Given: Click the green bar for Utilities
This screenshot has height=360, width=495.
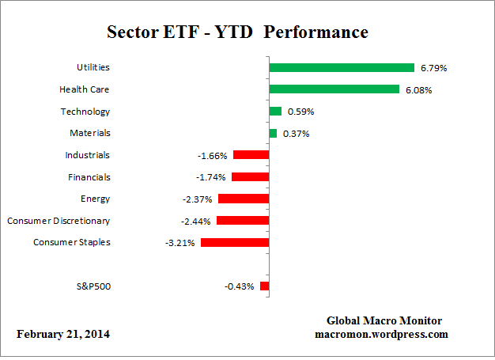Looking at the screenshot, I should pyautogui.click(x=342, y=68).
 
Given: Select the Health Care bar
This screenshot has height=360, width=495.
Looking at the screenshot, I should pyautogui.click(x=334, y=89).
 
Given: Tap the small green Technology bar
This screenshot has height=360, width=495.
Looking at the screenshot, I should pyautogui.click(x=275, y=112).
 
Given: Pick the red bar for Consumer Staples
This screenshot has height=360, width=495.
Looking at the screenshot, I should pyautogui.click(x=235, y=242).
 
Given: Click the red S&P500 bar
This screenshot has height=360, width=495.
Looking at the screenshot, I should pyautogui.click(x=265, y=286).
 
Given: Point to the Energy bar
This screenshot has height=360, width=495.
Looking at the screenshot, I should pyautogui.click(x=244, y=199).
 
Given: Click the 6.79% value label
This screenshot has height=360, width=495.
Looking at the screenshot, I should pyautogui.click(x=433, y=69).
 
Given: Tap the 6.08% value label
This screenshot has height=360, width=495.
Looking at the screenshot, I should pyautogui.click(x=418, y=90).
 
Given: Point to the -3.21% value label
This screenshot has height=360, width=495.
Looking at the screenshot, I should pyautogui.click(x=182, y=243).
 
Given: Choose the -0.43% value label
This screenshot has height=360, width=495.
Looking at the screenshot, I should pyautogui.click(x=240, y=286).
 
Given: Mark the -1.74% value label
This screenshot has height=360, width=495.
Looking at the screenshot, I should pyautogui.click(x=212, y=177).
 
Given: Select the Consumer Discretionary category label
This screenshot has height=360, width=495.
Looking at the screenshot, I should pyautogui.click(x=59, y=220).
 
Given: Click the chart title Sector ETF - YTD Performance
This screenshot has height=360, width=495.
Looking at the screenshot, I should pyautogui.click(x=237, y=32).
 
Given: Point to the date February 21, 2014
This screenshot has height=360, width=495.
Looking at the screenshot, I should pyautogui.click(x=63, y=335).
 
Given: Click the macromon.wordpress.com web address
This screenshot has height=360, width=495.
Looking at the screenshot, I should pyautogui.click(x=381, y=334).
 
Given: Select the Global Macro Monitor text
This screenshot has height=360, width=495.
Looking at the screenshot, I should pyautogui.click(x=384, y=320).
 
